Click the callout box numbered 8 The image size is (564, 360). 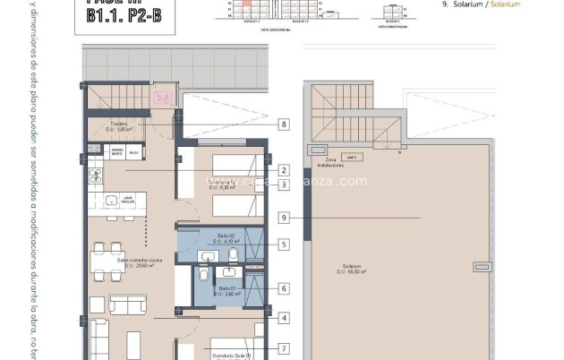pos(284,125)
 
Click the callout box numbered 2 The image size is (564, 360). pos(284,170)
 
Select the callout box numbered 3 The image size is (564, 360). pos(284,184)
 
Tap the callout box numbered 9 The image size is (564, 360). pos(284,217)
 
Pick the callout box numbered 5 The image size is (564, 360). pos(284,244)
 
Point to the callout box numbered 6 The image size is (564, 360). pos(284,288)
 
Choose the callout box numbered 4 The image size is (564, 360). pos(284,317)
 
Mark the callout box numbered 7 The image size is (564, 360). pos(284,348)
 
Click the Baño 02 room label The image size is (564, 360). pos(226,237)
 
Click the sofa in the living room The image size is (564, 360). pos(127,304)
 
